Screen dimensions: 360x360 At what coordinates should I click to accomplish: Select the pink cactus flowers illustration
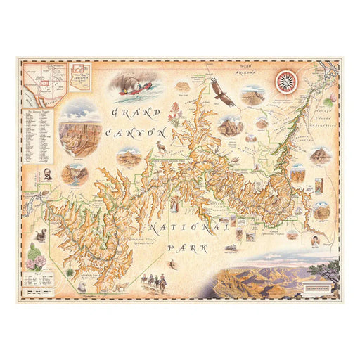(35, 259)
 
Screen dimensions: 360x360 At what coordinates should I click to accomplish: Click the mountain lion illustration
(120, 287)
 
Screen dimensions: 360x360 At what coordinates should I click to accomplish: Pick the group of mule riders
(154, 281)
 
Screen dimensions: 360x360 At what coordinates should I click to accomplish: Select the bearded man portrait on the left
(47, 172)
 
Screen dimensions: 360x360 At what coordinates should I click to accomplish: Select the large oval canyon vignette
(79, 128)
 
